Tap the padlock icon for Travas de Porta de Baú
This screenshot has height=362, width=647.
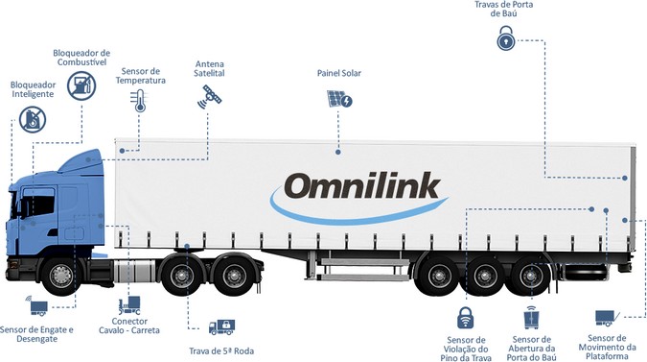(506, 39)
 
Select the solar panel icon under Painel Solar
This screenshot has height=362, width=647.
(338, 100)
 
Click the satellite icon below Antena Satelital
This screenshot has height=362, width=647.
(210, 95)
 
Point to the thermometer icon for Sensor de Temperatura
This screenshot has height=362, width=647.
(140, 101)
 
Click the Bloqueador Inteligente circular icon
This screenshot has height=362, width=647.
(33, 120)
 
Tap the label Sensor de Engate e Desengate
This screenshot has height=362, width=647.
(38, 335)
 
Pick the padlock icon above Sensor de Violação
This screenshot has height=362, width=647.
(465, 317)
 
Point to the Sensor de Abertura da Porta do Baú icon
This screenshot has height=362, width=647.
(531, 318)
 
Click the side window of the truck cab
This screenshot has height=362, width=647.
(38, 204)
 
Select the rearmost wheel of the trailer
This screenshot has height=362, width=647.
(527, 277)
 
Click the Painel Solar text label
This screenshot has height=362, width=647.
(338, 73)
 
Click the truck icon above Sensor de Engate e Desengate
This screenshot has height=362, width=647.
(38, 308)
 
